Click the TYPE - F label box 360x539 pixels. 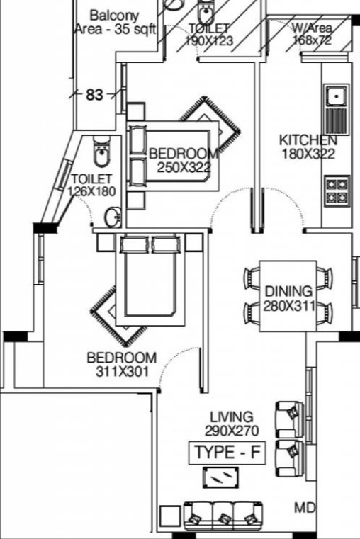(x=227, y=453)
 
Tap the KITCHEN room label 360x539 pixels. (x=308, y=140)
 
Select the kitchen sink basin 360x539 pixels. (x=336, y=96)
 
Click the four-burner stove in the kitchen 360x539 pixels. (x=337, y=191)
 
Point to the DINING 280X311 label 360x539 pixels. (x=289, y=298)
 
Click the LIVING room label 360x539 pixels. (x=232, y=417)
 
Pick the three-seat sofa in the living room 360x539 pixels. (x=224, y=516)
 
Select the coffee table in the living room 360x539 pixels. (x=220, y=477)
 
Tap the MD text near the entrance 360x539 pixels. (x=305, y=508)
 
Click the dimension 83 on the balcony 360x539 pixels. (x=94, y=94)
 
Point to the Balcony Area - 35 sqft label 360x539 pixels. (x=116, y=23)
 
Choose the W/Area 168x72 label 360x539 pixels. (x=312, y=34)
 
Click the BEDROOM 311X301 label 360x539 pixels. (x=122, y=364)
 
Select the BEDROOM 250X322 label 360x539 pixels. (x=184, y=160)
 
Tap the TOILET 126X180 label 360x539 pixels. (x=92, y=185)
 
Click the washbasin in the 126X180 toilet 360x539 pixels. (x=113, y=217)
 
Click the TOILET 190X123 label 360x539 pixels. (x=209, y=35)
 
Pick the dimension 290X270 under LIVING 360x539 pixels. (x=232, y=431)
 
